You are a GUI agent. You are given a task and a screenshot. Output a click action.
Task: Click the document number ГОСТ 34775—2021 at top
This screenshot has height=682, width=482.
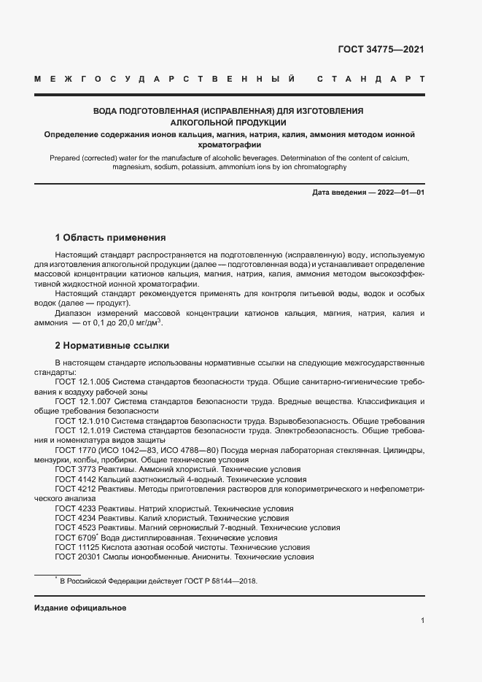[381, 50]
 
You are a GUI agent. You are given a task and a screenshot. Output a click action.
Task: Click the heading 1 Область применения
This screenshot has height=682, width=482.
[111, 238]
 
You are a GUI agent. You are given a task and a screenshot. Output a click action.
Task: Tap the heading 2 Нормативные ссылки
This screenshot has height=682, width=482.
[112, 345]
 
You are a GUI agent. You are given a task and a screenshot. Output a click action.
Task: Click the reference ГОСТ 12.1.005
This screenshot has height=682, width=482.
[82, 381]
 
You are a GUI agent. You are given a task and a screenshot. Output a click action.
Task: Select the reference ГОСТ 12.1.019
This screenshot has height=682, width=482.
[82, 431]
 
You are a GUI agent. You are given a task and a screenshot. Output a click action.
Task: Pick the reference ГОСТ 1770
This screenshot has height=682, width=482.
[74, 451]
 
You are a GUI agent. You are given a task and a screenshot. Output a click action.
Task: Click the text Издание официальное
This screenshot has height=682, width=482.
[80, 608]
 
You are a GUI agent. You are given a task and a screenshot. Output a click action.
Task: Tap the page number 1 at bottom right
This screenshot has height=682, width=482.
[422, 621]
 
